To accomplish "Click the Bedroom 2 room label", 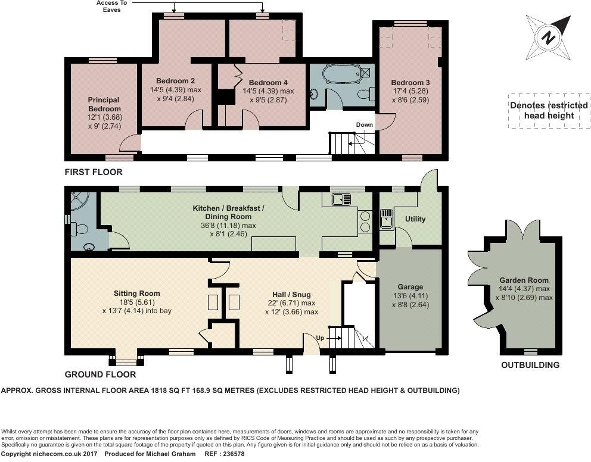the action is [x=175, y=81].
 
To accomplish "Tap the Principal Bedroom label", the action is [x=104, y=104].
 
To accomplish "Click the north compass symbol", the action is [x=549, y=38].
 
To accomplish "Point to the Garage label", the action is [x=410, y=286].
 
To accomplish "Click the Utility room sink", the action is [x=387, y=219].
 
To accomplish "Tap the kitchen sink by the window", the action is [x=341, y=199].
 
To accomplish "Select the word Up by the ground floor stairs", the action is [x=320, y=338].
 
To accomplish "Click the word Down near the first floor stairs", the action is [x=365, y=124].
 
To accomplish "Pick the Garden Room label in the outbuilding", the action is [x=524, y=280].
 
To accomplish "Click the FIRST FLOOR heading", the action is [x=94, y=172].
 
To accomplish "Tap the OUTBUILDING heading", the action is [x=530, y=365].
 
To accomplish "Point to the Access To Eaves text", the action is [x=112, y=6].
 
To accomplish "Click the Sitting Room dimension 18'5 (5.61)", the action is [x=134, y=302].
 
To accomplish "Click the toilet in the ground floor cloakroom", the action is [x=80, y=229].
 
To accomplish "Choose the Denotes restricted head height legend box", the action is [x=549, y=111].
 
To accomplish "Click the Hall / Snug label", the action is [x=291, y=295].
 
